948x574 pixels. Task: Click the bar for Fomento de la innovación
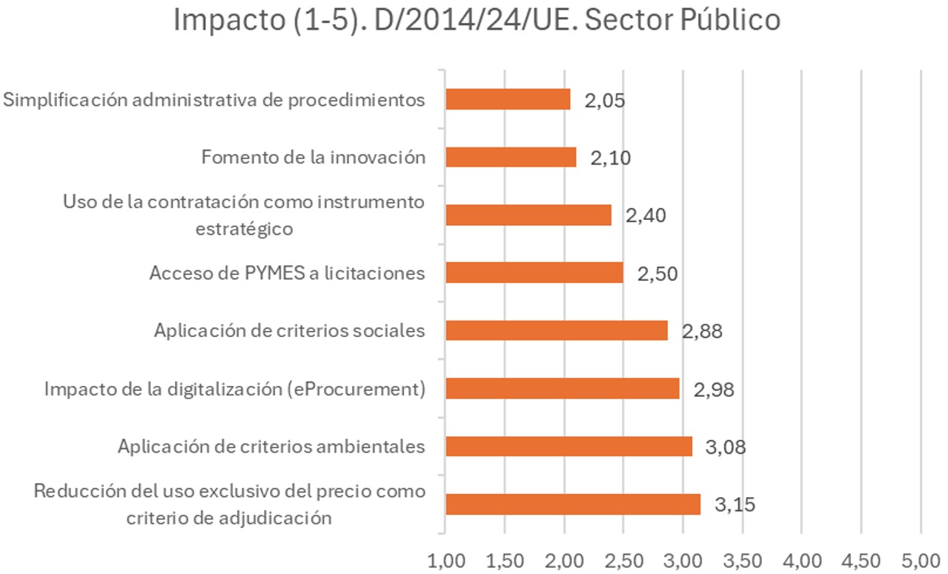point(511,157)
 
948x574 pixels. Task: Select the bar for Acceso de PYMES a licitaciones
point(534,273)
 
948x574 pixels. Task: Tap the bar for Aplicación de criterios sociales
point(557,330)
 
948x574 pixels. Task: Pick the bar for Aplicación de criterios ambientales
point(569,446)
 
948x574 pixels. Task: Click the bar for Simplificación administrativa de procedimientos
point(508,99)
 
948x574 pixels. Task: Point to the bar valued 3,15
point(573,504)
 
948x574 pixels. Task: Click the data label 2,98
point(714,390)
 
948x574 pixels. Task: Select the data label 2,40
point(646,216)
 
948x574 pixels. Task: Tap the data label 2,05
point(605,100)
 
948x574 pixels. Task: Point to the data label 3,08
point(726,447)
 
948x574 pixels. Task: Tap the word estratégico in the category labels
point(244,228)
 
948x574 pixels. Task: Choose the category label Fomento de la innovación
point(314,157)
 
